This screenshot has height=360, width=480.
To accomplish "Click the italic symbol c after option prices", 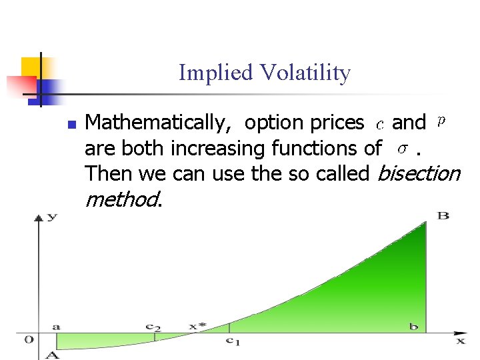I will click(379, 124).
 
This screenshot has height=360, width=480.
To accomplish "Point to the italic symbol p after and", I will click(441, 121).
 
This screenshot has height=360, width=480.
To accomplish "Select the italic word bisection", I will click(418, 173).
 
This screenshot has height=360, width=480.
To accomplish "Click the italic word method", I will click(123, 199).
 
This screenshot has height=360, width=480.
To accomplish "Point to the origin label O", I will click(29, 339).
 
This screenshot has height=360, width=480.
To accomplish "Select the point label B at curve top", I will click(443, 215).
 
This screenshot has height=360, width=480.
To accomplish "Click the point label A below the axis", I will click(51, 355).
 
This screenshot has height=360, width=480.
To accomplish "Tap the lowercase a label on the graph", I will click(57, 326).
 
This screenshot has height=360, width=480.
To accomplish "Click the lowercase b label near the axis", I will click(414, 326).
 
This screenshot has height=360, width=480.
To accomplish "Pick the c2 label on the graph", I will click(153, 327).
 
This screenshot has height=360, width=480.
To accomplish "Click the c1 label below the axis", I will click(231, 341).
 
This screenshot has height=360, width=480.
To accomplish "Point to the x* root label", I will click(197, 326).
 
